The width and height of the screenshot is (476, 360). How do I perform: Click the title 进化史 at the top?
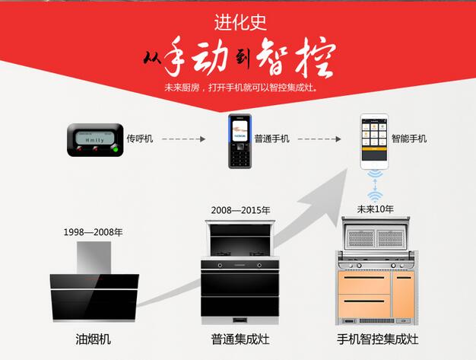coord(240,23)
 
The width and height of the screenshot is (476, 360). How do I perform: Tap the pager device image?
coord(95,140)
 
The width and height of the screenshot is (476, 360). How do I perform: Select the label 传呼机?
coord(140,139)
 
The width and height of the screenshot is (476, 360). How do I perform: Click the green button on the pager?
coord(115,149)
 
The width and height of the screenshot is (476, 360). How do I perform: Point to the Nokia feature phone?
coord(240,141)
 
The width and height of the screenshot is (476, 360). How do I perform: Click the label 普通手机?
coord(271,139)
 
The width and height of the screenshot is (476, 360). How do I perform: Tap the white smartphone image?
coord(374,142)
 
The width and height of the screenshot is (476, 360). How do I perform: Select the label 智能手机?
coord(409,139)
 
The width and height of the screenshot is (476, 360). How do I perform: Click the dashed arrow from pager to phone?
coord(184,139)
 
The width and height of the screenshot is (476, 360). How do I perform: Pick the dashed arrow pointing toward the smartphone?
coord(319,139)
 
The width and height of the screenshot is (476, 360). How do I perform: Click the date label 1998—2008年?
coord(94,232)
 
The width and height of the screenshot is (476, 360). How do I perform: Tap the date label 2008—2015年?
coord(240,210)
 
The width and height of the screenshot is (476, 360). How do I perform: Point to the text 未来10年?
coord(375,209)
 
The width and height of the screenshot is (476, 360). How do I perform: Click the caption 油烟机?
coord(94,339)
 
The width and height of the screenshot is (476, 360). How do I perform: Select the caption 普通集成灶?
coord(240,339)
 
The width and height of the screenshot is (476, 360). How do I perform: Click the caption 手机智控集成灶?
coord(378,339)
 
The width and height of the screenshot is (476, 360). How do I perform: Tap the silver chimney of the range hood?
coord(94,258)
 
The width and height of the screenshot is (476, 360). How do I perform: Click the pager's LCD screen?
coord(95,138)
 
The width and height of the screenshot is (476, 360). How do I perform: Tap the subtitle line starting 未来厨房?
coord(241,88)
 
